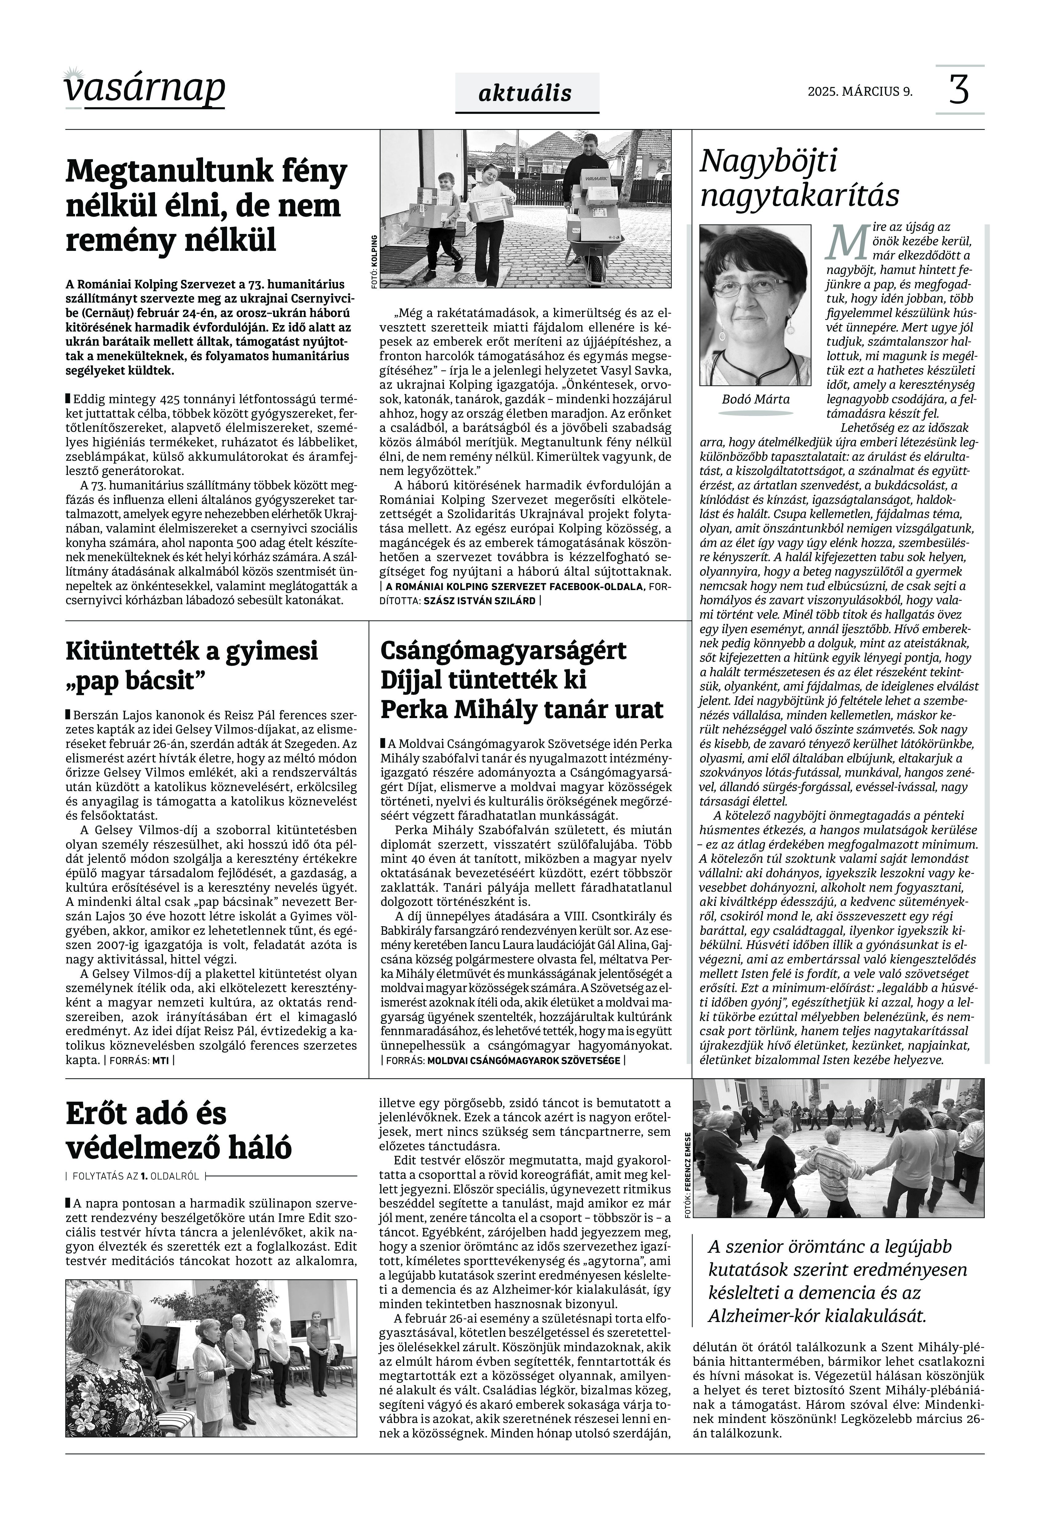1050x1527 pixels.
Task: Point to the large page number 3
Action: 959,90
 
